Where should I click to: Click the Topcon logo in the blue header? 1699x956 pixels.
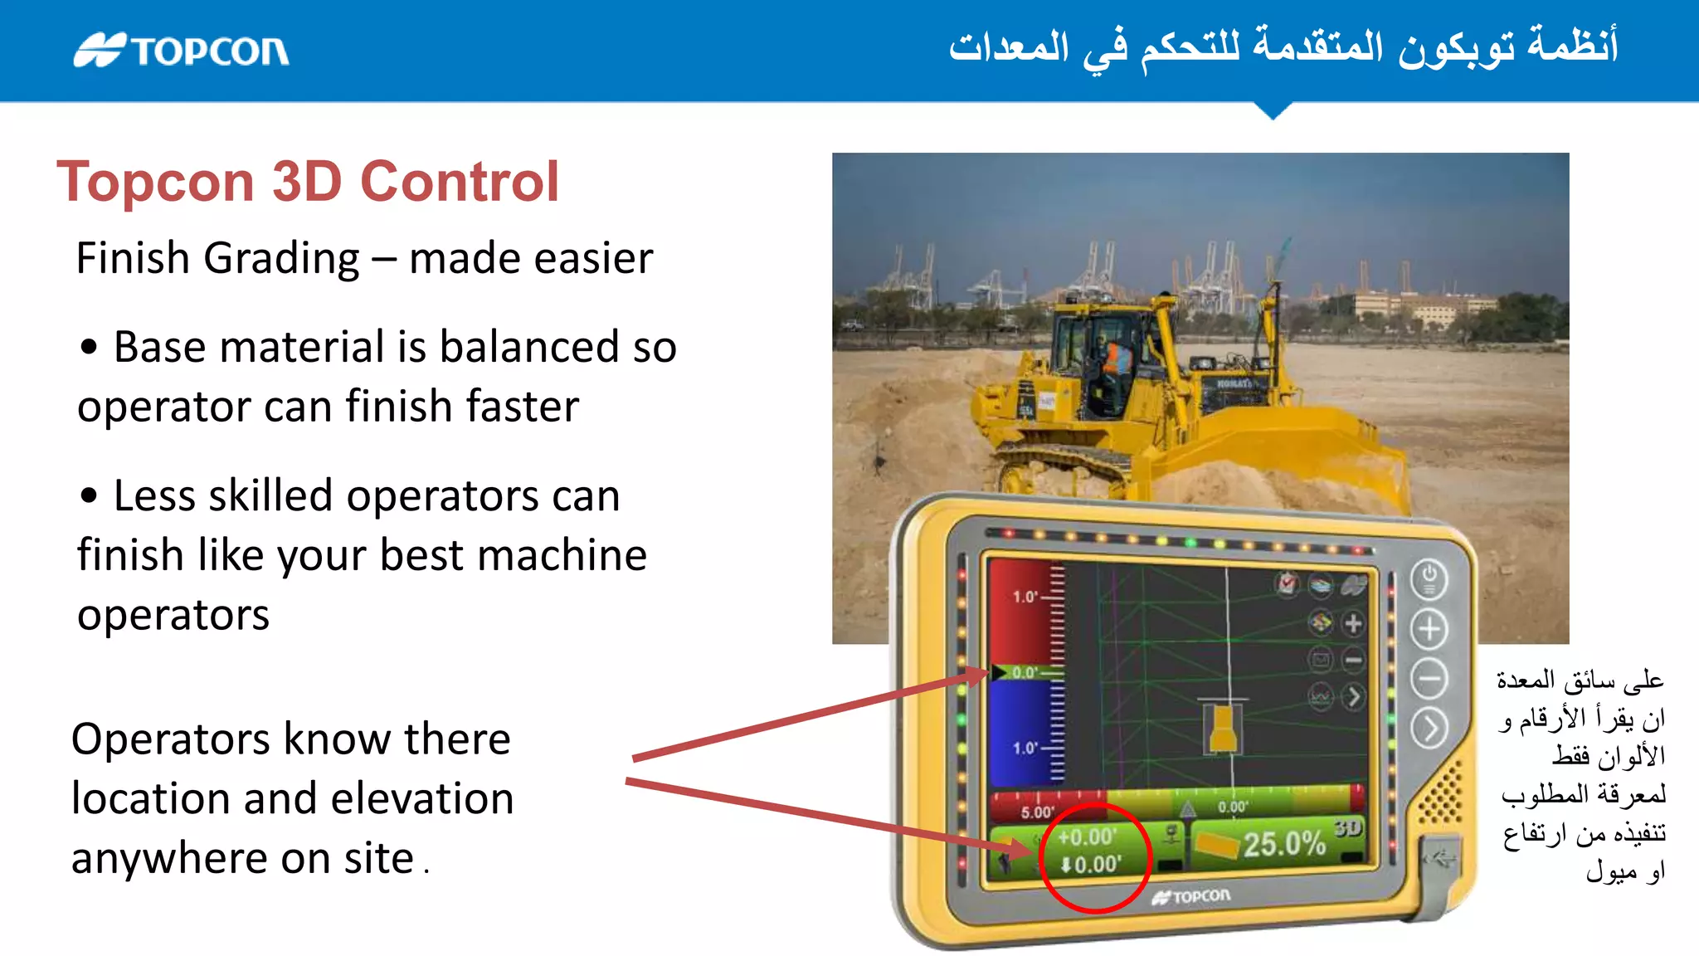click(x=181, y=51)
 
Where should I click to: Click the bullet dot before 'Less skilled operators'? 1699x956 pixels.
click(x=89, y=496)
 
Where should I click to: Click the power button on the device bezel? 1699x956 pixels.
click(x=1429, y=578)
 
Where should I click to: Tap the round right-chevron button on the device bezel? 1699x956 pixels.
click(x=1429, y=728)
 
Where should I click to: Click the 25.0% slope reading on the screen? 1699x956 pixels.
click(x=1283, y=844)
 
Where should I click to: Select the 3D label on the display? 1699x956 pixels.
click(x=1348, y=827)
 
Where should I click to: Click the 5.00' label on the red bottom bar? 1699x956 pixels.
click(x=1037, y=812)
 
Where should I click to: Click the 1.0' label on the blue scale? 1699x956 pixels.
click(x=1025, y=748)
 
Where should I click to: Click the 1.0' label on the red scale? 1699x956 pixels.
click(x=1025, y=597)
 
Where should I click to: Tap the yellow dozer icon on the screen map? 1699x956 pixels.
click(x=1223, y=728)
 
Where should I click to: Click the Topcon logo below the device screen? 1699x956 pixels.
click(x=1191, y=897)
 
